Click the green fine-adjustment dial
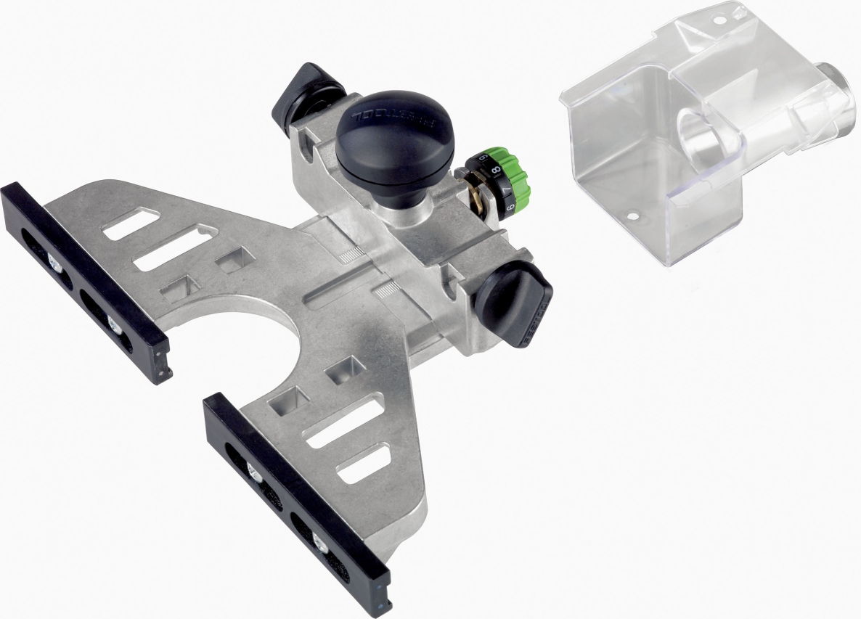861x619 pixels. coord(517,173)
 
